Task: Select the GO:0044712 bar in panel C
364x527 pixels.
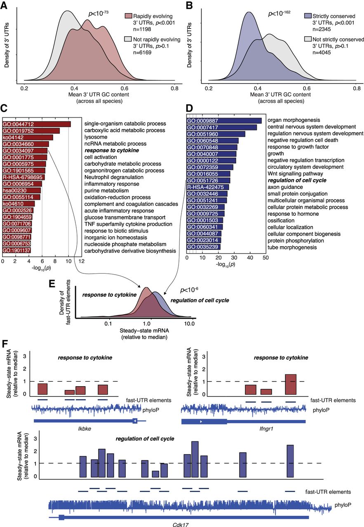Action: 36,124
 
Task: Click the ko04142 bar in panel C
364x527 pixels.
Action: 28,137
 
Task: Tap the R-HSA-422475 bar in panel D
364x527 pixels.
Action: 207,187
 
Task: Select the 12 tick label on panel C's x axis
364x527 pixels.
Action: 82,261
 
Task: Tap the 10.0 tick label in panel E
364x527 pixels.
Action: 189,324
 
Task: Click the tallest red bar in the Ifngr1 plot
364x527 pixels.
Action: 291,384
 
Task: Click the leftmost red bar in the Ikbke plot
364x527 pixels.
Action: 42,389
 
